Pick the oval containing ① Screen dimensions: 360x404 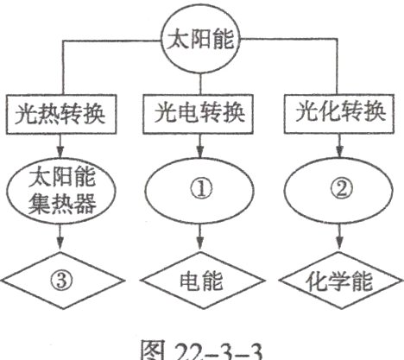[200, 191]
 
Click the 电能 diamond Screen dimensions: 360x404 [200, 280]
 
